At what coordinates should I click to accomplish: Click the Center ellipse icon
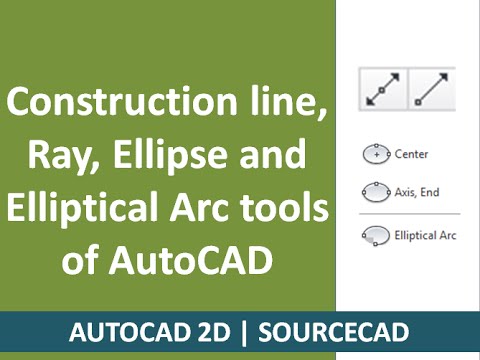pos(376,155)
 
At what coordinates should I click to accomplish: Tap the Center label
pos(412,155)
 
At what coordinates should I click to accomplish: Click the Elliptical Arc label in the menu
pos(424,236)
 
